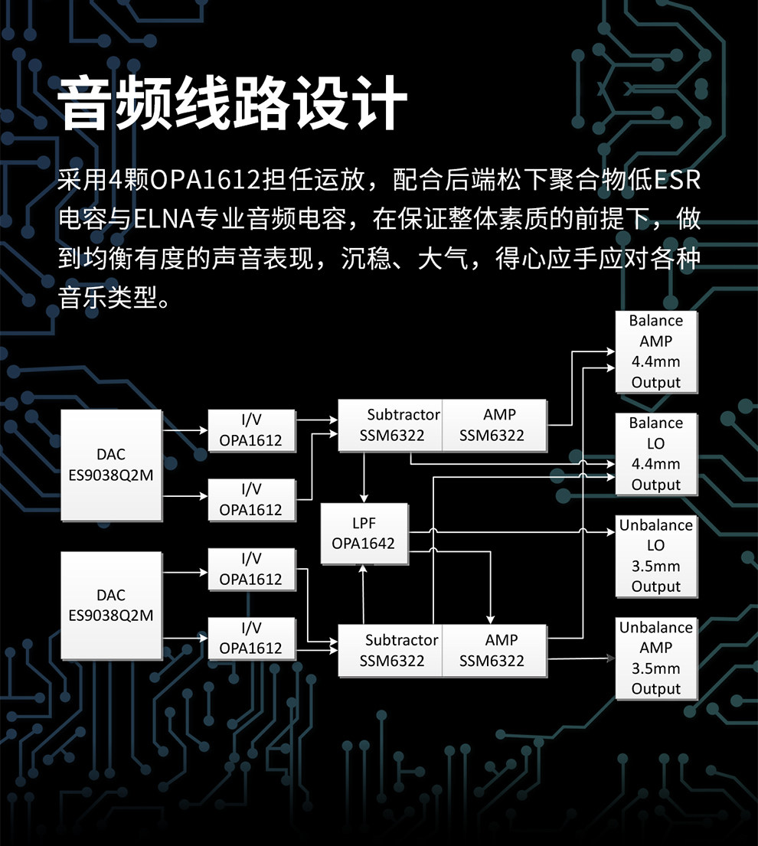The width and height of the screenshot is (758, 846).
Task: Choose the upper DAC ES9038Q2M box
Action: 111,465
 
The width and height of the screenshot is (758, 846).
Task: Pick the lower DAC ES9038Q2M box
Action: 111,605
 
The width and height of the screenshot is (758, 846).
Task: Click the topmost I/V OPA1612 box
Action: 251,430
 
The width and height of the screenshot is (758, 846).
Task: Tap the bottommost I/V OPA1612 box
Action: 251,638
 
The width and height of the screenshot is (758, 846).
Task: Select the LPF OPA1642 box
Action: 364,534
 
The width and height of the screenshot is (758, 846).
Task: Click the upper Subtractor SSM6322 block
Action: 390,425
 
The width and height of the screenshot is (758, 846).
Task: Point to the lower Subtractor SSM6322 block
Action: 390,650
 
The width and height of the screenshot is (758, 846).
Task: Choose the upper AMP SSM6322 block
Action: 495,425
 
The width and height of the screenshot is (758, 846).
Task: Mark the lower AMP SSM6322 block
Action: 495,650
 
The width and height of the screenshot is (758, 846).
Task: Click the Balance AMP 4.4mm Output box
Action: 656,351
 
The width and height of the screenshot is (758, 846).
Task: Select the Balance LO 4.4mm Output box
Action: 656,453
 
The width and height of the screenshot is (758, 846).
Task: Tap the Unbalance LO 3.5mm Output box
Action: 656,556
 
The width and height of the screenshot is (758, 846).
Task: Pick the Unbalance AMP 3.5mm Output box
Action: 656,658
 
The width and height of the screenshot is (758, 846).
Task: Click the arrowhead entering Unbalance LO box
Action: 611,532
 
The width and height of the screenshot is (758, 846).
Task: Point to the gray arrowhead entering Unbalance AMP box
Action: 611,657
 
